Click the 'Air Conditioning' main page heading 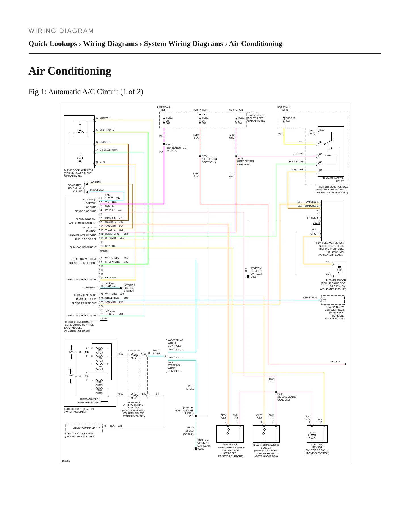point(70,71)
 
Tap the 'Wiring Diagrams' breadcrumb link point(110,44)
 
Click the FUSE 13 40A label point(290,120)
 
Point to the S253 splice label point(169,145)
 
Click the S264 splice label point(205,156)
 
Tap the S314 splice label point(240,158)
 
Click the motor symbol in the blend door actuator point(80,158)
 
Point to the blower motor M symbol point(340,270)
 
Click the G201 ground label point(253,277)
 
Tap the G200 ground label point(201,449)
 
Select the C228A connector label point(104,251)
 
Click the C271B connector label point(316,223)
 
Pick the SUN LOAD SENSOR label point(317,446)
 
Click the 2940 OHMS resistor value point(99,392)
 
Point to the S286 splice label point(280,394)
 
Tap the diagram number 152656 point(66,461)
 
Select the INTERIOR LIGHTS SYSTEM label point(129,288)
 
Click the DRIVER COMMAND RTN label point(86,428)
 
